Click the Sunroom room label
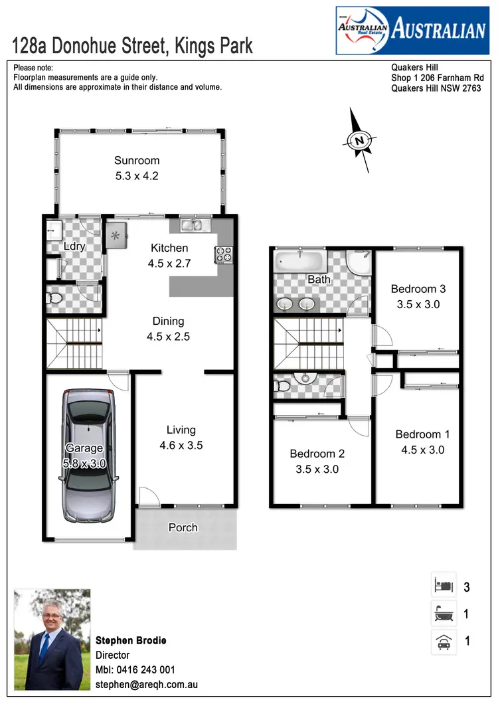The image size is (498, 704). coord(137,160)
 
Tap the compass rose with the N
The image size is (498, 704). coord(359,140)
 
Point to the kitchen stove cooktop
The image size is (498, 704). coord(223,254)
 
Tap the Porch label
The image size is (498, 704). coord(183,527)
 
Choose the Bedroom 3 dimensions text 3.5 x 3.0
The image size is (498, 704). coord(418,304)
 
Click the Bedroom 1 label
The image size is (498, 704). coord(422,434)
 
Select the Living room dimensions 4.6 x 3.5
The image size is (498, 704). coord(181,446)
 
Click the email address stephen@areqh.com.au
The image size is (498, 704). coord(147,684)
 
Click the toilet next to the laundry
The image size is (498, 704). coord(54,299)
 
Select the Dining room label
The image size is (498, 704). coord(168,321)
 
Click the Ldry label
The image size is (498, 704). coord(74,246)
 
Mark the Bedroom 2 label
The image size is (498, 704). coord(317,454)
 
